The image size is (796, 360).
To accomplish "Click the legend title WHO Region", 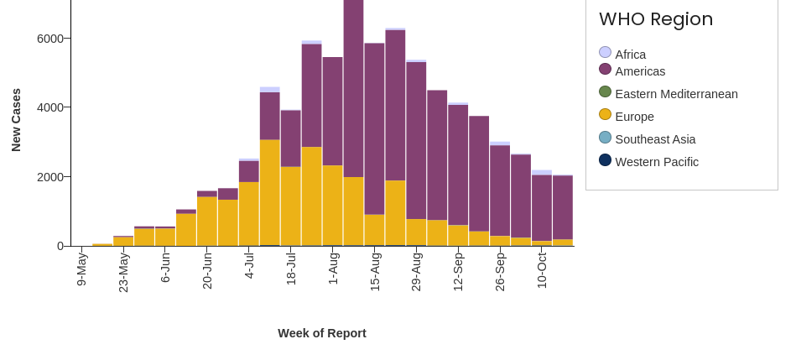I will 655,19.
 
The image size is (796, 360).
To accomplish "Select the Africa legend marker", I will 605,53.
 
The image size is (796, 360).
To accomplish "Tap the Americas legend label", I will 640,71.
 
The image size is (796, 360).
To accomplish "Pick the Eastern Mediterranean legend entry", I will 676,94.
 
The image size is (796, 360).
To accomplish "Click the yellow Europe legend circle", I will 605,115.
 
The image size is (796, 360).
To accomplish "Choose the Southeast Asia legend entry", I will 655,139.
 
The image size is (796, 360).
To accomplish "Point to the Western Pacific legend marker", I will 605,160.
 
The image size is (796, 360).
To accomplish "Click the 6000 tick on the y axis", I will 50,39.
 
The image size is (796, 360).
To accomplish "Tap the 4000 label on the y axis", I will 50,107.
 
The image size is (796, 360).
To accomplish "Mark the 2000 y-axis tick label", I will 50,177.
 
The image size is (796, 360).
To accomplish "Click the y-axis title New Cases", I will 16,120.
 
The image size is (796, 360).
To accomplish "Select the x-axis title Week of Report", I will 322,333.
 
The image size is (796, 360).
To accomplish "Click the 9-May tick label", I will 81,269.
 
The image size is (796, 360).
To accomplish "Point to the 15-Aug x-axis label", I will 375,272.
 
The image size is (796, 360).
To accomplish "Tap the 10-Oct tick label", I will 542,270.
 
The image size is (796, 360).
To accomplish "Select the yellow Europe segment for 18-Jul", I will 291,206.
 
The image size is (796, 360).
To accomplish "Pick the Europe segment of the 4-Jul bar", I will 249,213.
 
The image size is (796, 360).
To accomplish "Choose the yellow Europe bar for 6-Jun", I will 165,237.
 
